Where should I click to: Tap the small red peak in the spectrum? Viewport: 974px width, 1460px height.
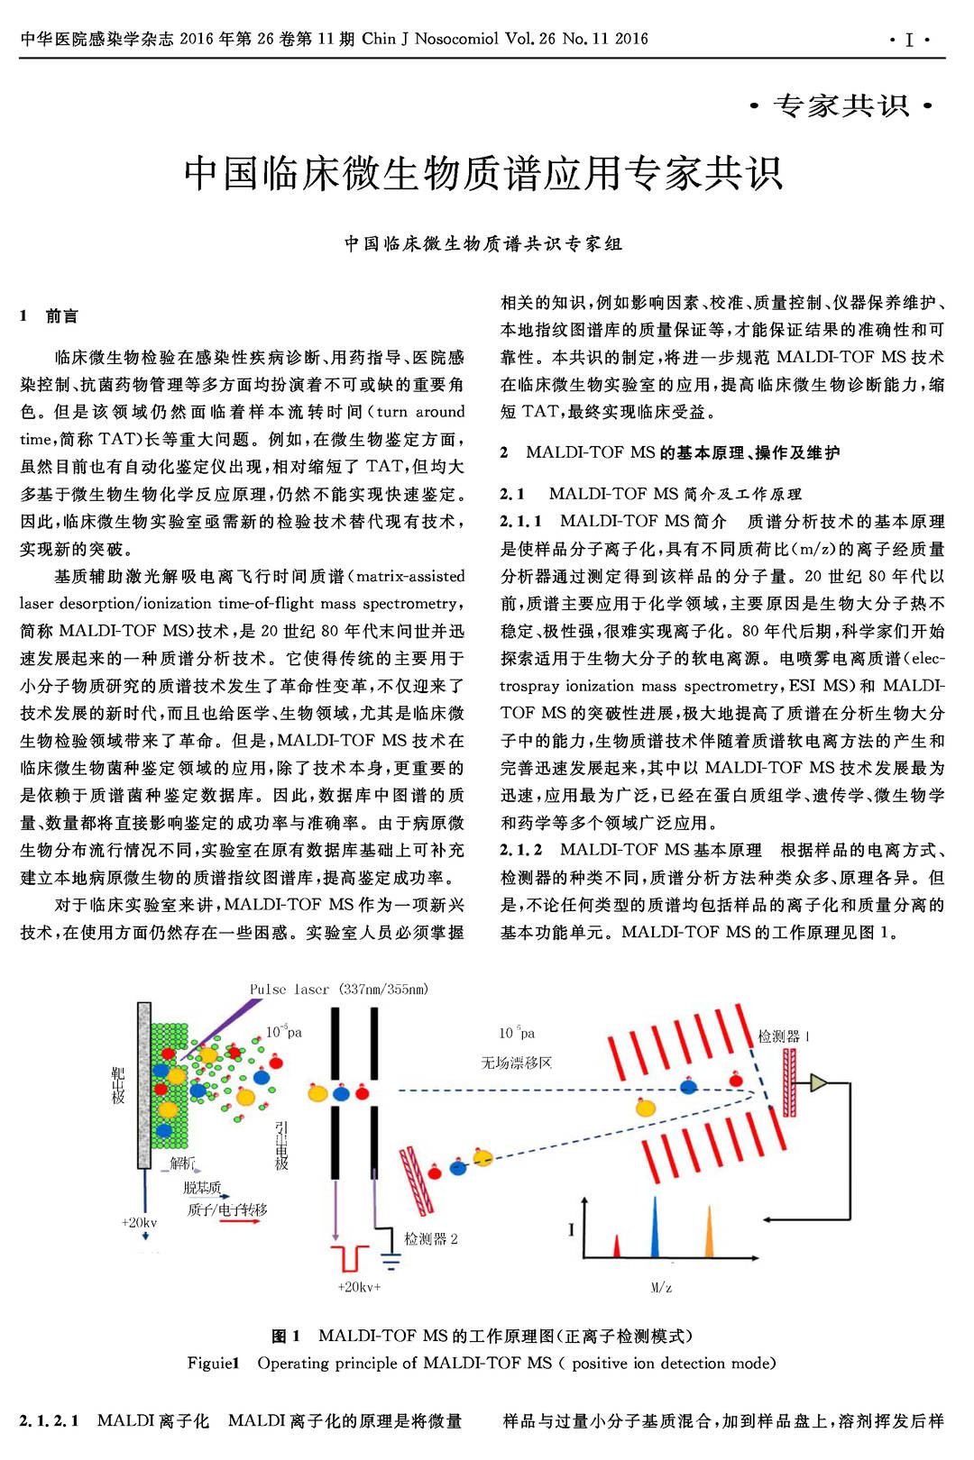click(x=617, y=1247)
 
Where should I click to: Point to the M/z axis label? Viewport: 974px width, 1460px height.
click(x=661, y=1287)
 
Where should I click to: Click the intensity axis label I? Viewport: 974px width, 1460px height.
click(x=571, y=1228)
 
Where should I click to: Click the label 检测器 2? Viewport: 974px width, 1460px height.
click(x=430, y=1239)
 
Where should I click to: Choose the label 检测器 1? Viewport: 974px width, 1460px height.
click(x=783, y=1036)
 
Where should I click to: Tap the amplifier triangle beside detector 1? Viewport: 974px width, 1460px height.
click(x=818, y=1082)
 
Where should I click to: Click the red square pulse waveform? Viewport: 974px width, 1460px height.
click(x=349, y=1257)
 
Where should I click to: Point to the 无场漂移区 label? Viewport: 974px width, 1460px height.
click(x=516, y=1063)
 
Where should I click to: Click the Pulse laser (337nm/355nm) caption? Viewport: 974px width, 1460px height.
click(x=339, y=989)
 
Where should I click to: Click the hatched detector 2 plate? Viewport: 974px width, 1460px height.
click(x=417, y=1181)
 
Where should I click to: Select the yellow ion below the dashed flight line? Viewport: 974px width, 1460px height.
click(x=646, y=1108)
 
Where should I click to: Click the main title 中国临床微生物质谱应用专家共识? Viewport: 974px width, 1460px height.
click(x=483, y=173)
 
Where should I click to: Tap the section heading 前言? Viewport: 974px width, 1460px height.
click(x=61, y=315)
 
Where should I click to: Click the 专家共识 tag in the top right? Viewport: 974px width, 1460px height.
click(x=841, y=106)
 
